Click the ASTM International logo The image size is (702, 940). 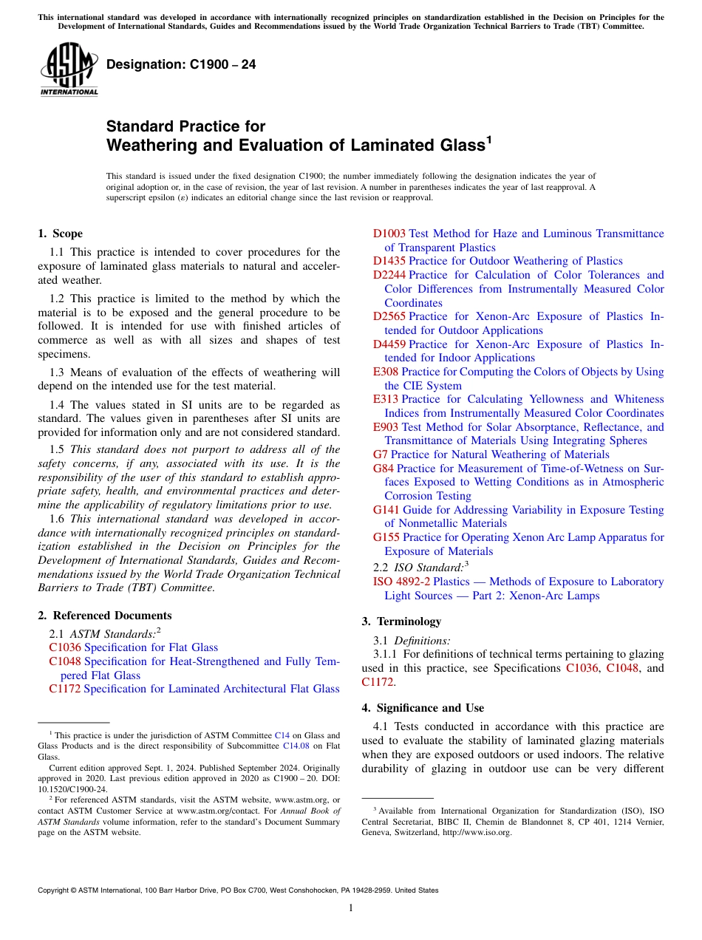click(69, 69)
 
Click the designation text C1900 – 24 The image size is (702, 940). click(181, 64)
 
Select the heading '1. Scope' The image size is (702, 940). click(61, 234)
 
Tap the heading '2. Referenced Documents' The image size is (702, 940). click(105, 616)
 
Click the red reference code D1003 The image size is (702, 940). click(389, 234)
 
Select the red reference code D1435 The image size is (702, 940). click(389, 261)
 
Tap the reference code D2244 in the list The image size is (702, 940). click(389, 275)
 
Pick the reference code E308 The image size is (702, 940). click(385, 372)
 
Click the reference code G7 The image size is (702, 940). click(380, 454)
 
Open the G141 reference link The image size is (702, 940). click(385, 510)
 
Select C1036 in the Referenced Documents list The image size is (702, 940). click(65, 647)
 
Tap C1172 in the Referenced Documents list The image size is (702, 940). click(65, 689)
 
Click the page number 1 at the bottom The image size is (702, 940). click(351, 908)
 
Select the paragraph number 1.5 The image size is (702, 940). click(58, 449)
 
